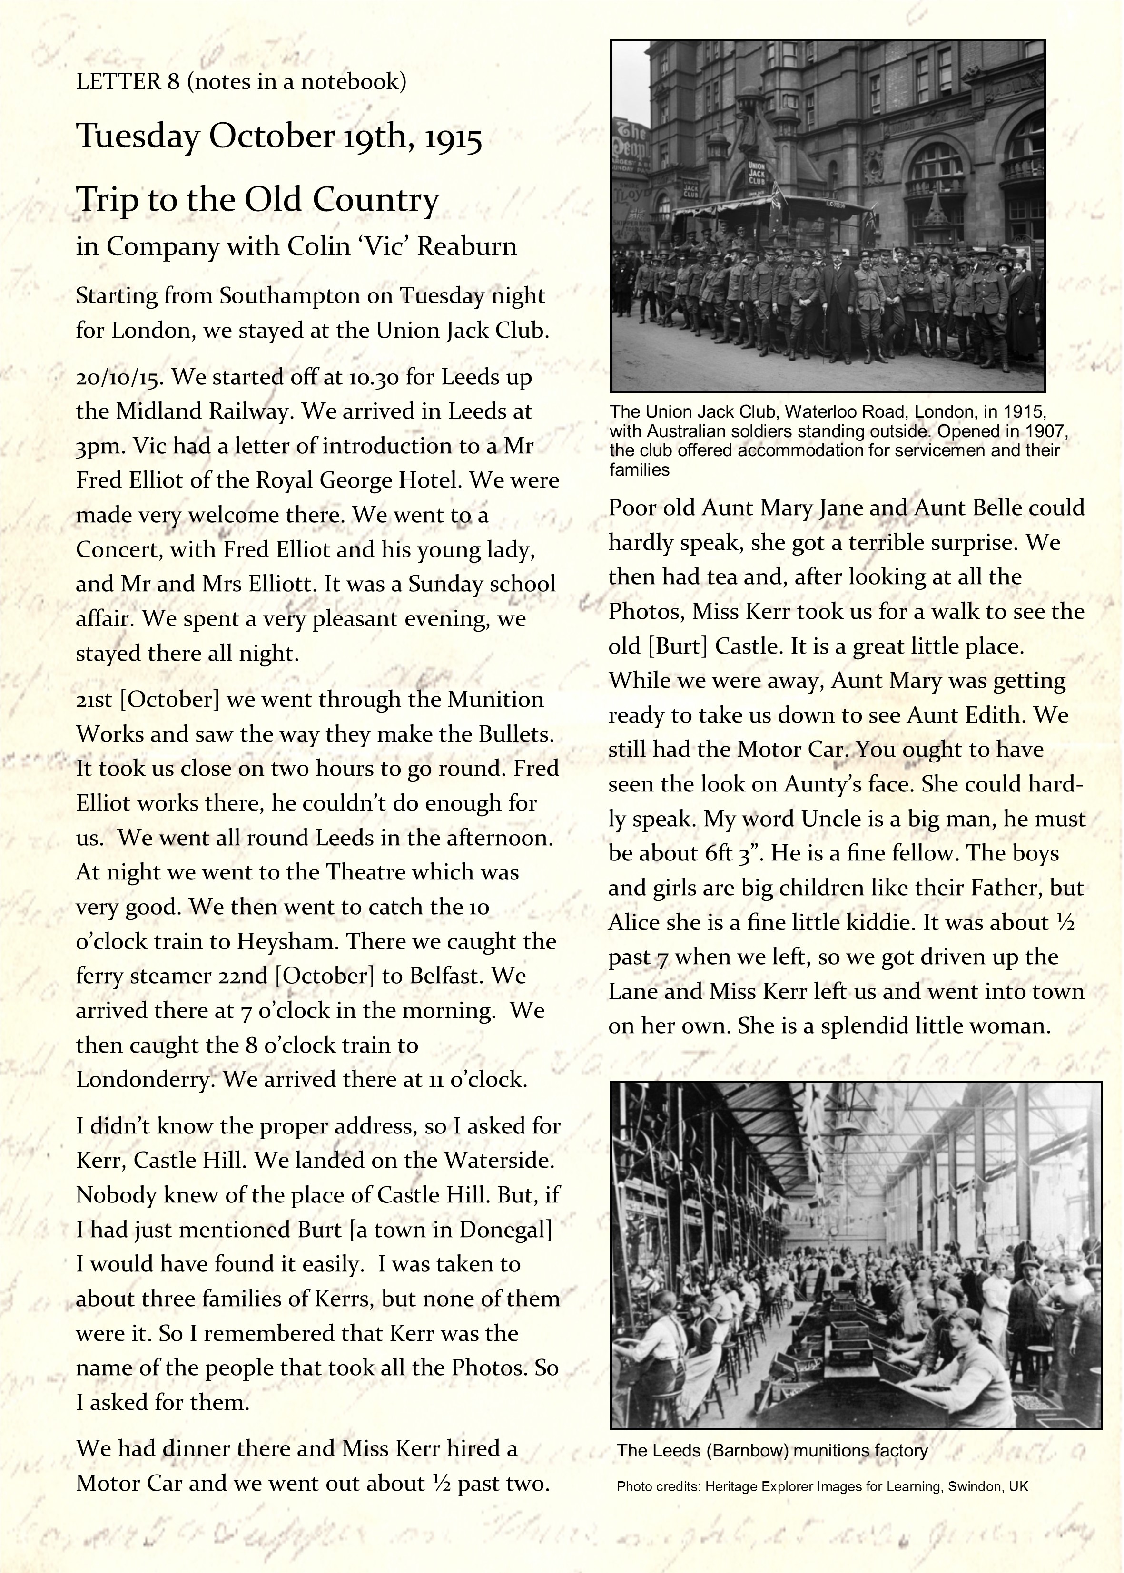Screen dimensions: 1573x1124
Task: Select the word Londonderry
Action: pos(144,1079)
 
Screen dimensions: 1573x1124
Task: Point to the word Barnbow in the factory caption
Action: pos(748,1451)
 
